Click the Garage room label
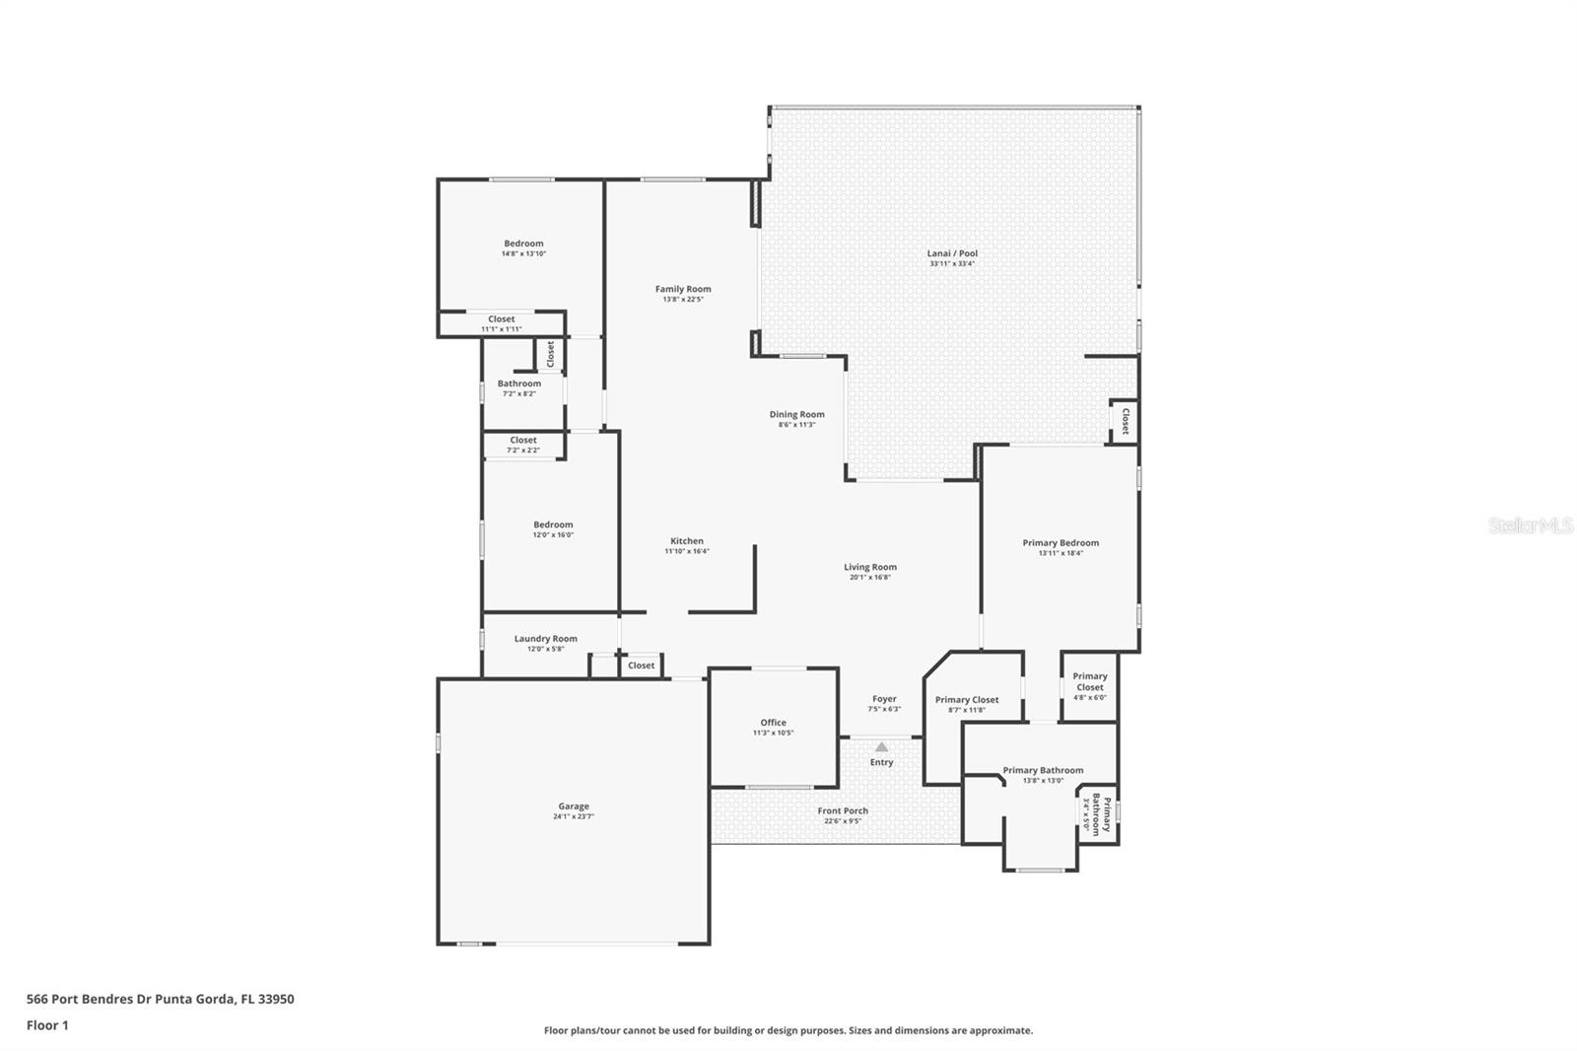[x=574, y=806]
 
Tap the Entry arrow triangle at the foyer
[x=881, y=747]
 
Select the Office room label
[x=773, y=723]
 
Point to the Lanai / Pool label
[x=952, y=253]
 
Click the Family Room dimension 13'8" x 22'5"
[x=683, y=300]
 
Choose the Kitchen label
[x=687, y=541]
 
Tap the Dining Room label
[x=796, y=414]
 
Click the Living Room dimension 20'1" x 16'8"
[x=869, y=578]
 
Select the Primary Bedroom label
[x=1061, y=542]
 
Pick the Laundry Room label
[x=545, y=639]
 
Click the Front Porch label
[x=843, y=810]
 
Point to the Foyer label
[x=884, y=699]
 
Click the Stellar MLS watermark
[x=1530, y=526]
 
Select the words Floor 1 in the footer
[x=47, y=1025]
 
